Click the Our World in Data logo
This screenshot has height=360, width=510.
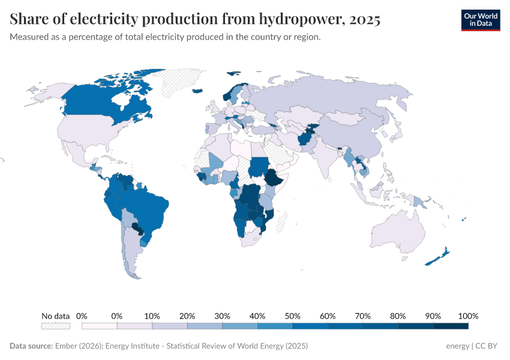480,20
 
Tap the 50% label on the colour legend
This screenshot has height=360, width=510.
292,316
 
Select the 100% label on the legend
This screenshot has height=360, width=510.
468,316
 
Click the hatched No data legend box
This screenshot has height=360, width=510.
56,326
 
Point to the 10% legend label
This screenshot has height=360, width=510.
152,316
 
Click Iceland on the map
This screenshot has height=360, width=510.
197,91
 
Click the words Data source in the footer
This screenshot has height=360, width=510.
31,346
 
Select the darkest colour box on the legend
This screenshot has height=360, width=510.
451,326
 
